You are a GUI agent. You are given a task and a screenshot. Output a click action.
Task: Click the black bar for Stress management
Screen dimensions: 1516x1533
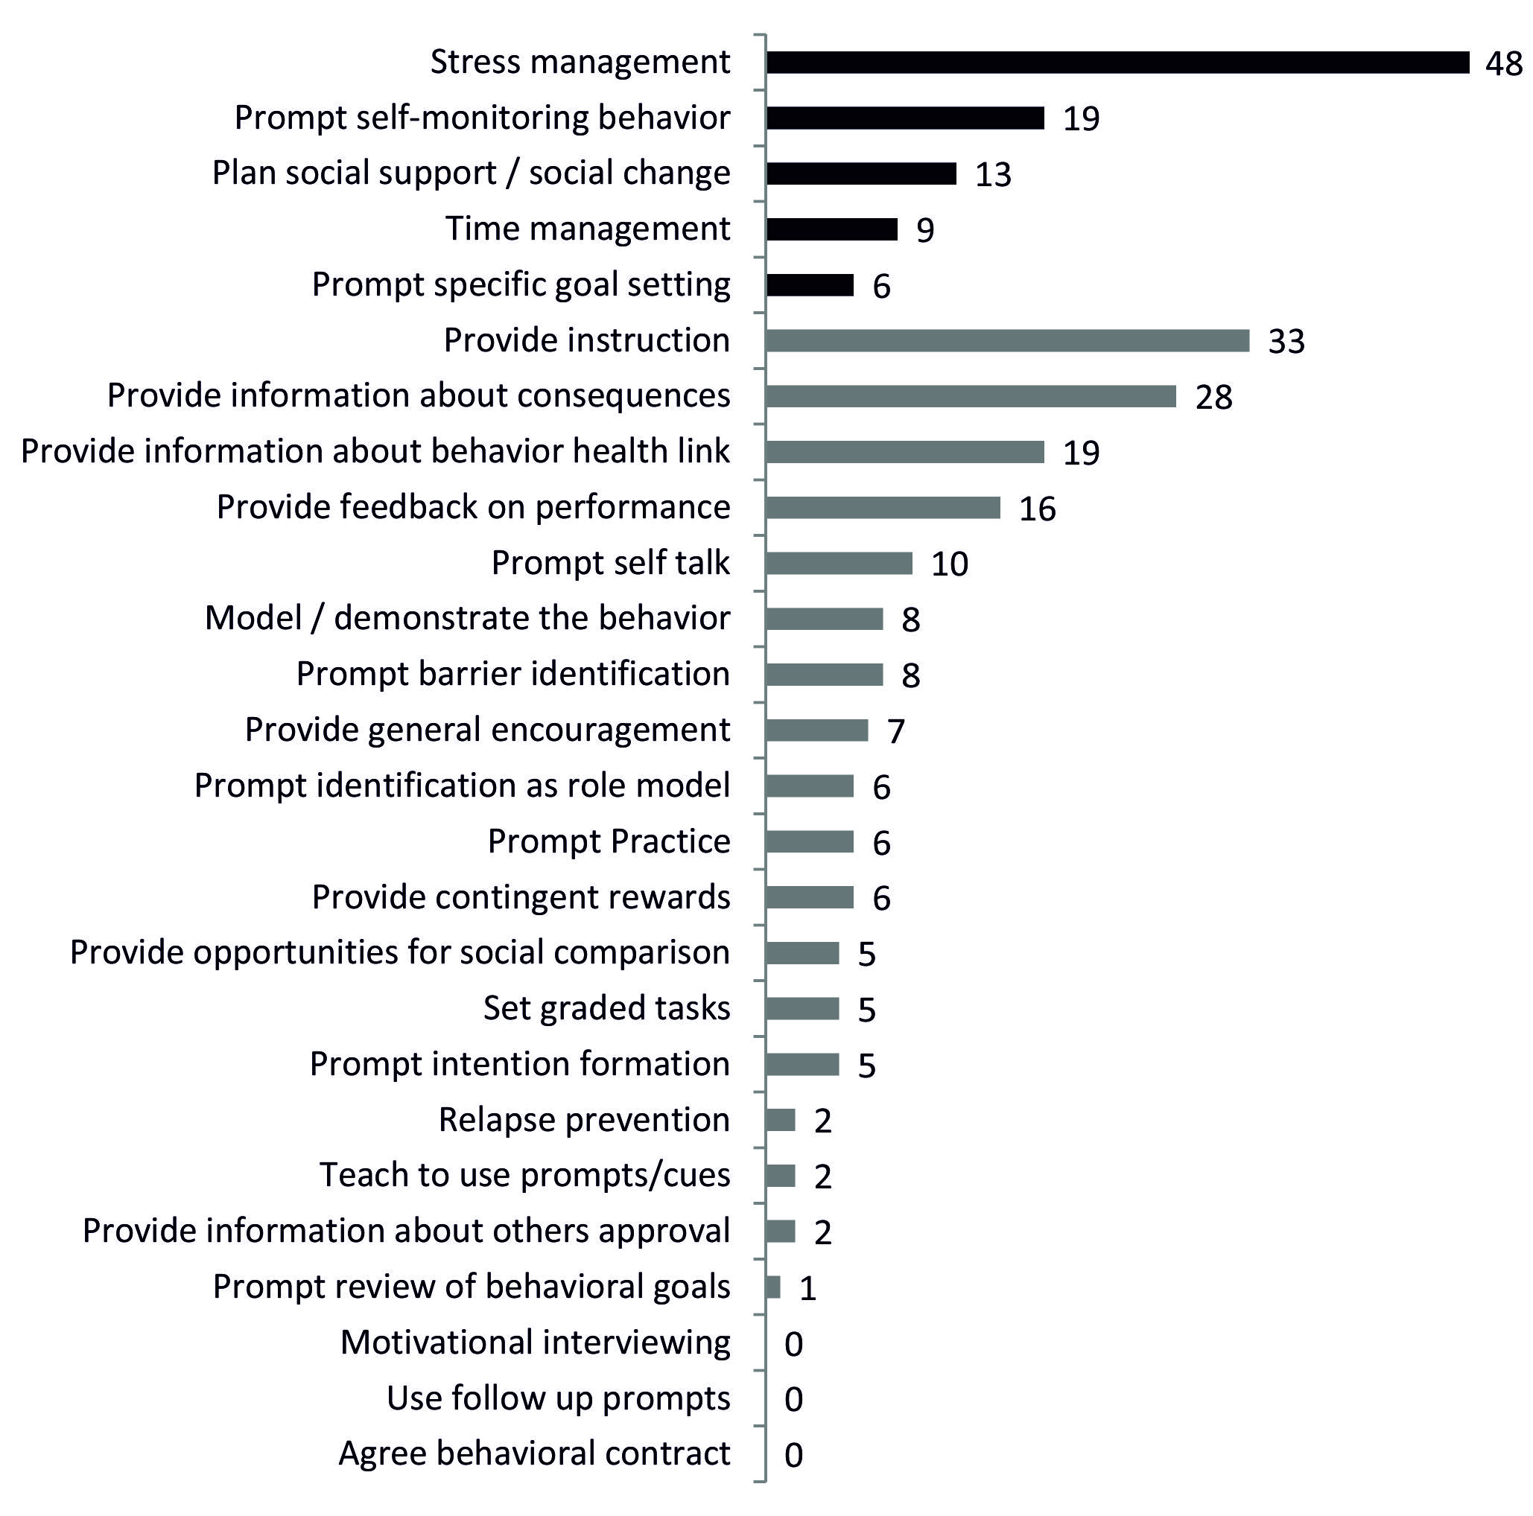click(x=1117, y=63)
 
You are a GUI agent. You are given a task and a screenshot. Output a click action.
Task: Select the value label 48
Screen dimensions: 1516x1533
click(x=1504, y=64)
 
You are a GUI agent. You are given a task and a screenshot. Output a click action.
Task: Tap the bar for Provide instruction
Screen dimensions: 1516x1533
click(x=1008, y=340)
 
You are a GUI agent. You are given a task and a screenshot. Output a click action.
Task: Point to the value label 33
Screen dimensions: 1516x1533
click(x=1286, y=342)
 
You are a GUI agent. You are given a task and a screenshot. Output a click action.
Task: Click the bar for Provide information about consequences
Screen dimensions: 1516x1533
click(x=971, y=396)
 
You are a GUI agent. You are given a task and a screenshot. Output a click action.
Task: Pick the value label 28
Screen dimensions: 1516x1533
click(x=1213, y=398)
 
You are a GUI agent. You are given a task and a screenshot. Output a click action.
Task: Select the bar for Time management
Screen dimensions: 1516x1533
click(x=831, y=229)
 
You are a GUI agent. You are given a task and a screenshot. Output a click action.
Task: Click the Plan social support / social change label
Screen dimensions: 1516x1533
click(x=472, y=173)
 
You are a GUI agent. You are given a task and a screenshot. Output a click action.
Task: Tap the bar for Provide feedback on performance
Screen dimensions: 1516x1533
click(x=883, y=508)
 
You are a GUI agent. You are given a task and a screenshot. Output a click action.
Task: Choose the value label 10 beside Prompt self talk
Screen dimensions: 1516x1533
click(x=950, y=564)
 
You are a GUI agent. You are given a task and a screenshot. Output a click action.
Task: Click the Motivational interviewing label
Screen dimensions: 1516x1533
click(x=536, y=1343)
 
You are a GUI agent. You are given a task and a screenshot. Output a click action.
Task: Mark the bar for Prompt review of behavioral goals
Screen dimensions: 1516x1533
click(x=774, y=1287)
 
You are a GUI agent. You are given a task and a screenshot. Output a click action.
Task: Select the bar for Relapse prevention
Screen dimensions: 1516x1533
click(x=781, y=1120)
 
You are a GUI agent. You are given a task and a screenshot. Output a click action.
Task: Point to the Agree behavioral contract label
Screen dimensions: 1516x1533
click(x=535, y=1453)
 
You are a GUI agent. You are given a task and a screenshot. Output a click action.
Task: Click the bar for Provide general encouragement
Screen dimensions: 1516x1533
click(x=817, y=730)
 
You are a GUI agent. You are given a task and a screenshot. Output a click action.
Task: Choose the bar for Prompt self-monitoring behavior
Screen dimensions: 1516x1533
click(x=905, y=118)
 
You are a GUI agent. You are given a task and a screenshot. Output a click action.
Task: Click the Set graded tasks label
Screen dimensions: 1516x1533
click(x=607, y=1008)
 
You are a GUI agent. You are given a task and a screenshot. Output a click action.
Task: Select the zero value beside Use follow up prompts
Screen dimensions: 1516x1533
click(x=793, y=1399)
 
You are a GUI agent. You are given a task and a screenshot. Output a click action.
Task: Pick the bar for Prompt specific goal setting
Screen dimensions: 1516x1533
click(x=810, y=284)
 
